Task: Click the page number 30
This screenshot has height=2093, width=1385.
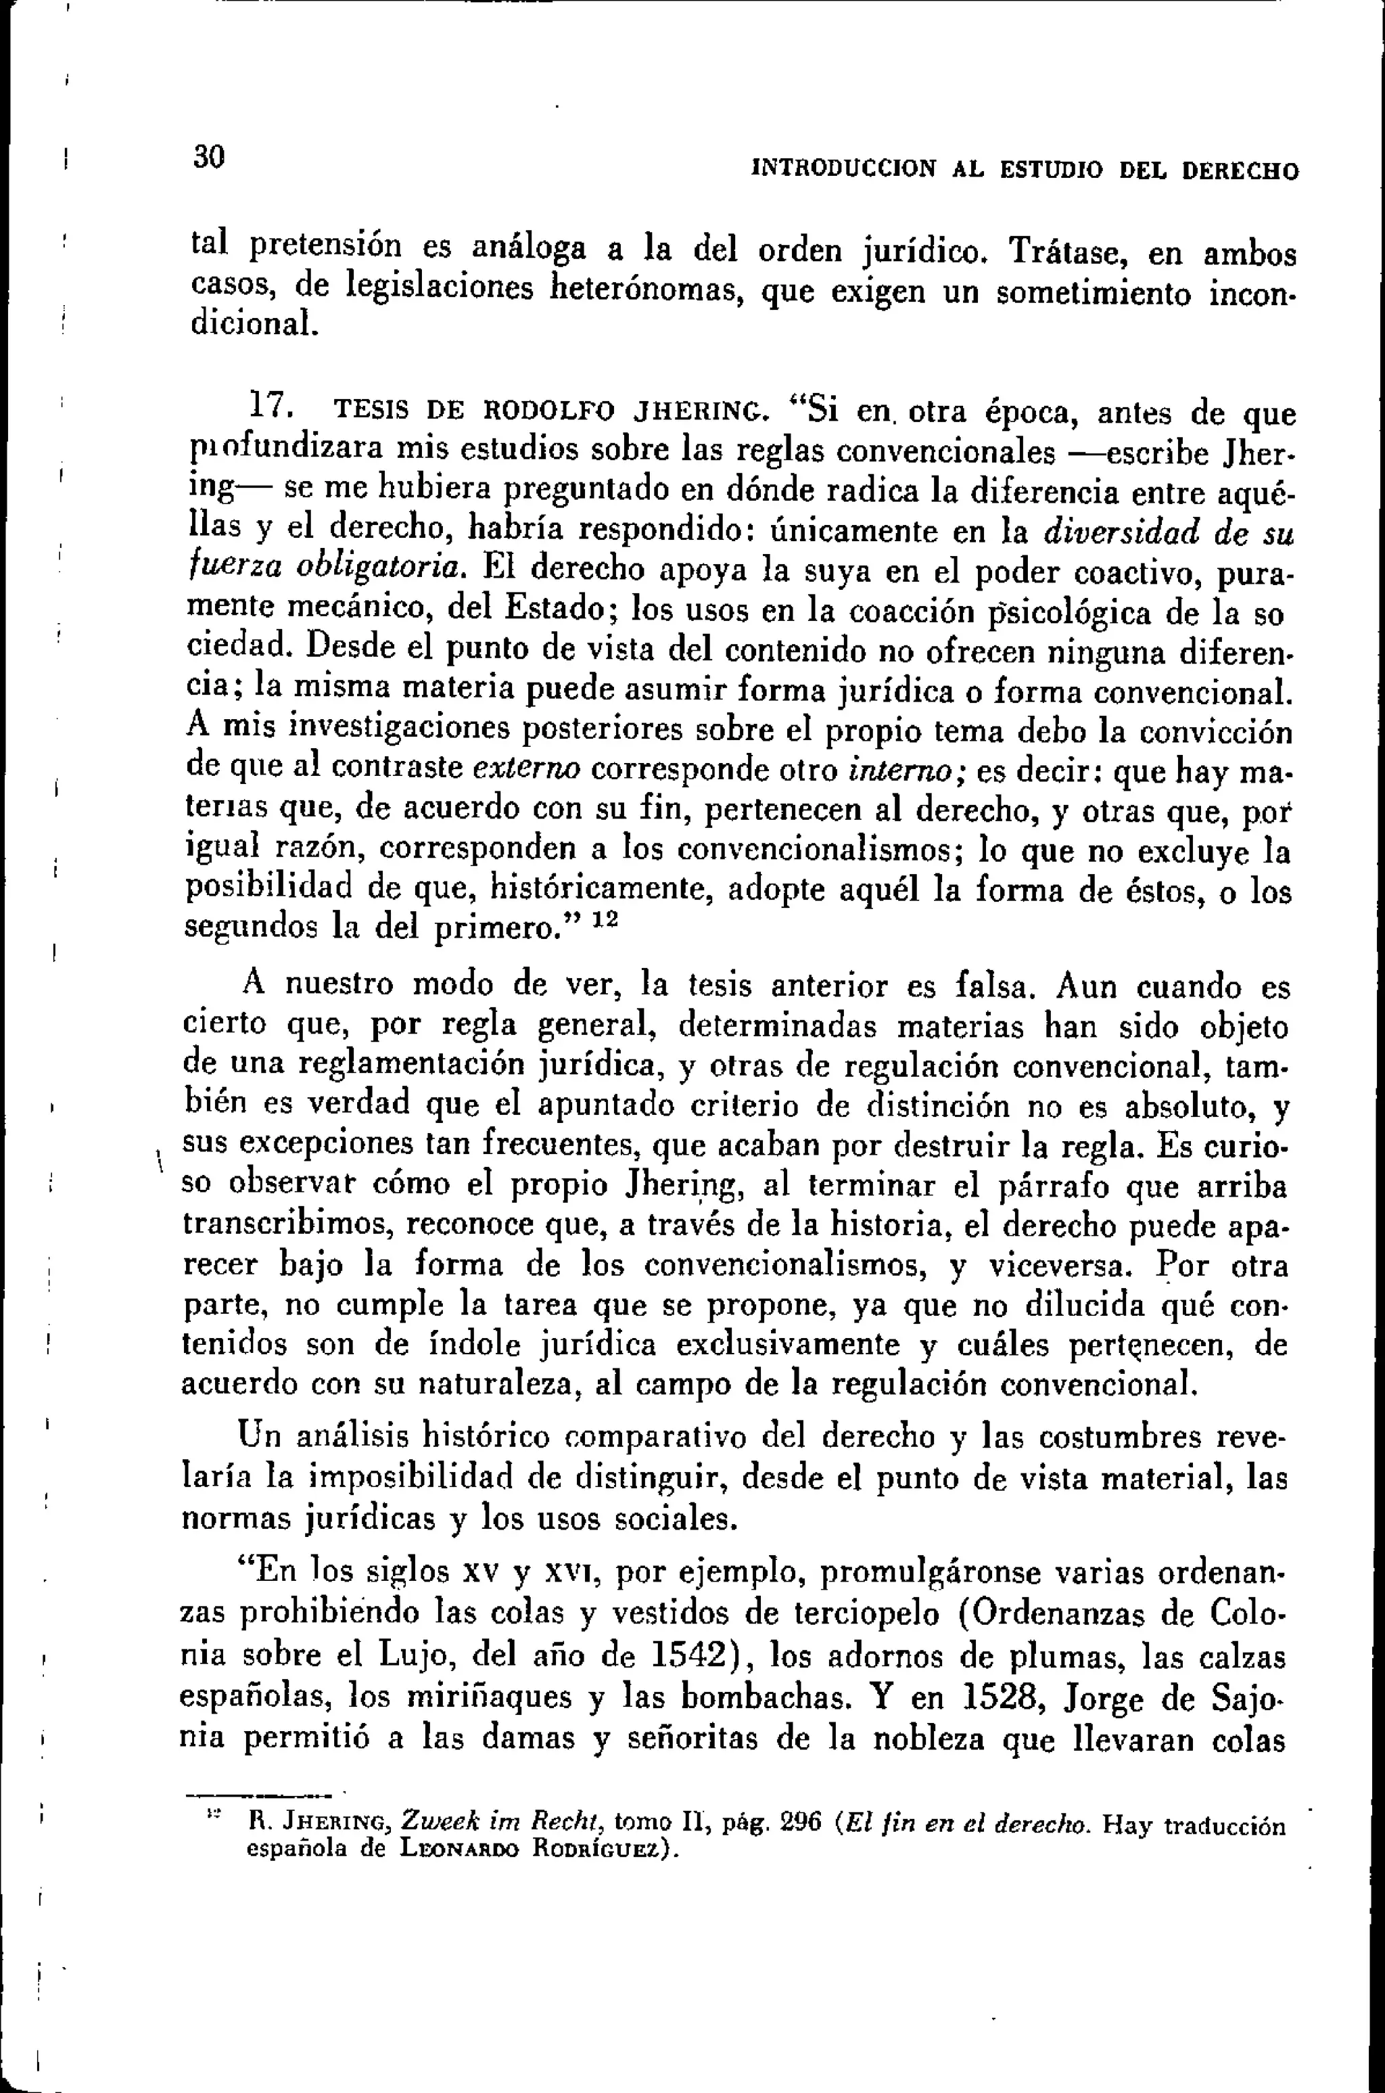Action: [210, 157]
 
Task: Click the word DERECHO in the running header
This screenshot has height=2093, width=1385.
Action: [1240, 170]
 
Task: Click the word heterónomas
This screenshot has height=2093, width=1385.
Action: [644, 288]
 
